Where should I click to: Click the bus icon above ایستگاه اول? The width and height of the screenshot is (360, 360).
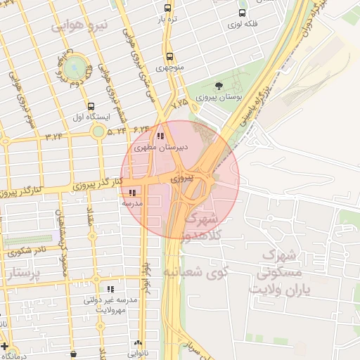click(89, 106)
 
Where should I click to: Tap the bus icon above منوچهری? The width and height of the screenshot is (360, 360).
click(169, 57)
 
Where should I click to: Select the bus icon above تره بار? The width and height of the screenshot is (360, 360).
click(167, 8)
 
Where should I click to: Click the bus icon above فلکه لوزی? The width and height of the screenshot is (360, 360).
click(243, 12)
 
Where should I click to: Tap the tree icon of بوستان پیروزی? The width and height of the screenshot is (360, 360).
click(219, 86)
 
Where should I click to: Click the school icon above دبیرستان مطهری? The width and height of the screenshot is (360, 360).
click(160, 136)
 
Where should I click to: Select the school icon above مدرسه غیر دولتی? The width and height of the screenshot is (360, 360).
click(110, 288)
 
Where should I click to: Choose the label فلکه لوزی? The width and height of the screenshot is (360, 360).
click(242, 24)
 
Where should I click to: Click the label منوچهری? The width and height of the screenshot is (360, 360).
click(169, 68)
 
